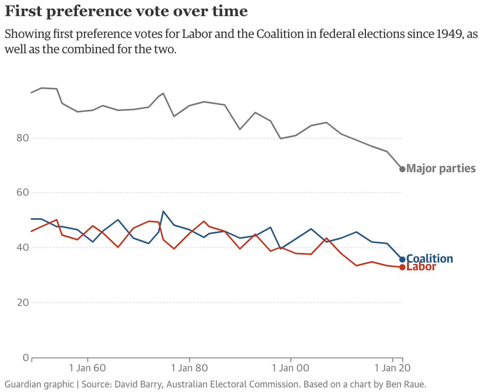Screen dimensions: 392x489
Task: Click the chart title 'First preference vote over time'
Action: coord(126,11)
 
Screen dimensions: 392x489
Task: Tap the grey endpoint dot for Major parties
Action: coord(402,169)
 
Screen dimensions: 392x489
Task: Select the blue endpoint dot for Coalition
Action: coord(402,259)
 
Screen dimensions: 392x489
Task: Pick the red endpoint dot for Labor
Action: coord(402,267)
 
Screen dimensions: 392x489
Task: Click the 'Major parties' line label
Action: coord(441,169)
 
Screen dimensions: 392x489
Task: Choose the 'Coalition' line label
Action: coord(430,259)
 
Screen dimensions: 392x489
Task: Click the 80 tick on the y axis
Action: coord(22,138)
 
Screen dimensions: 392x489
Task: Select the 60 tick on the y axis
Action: coord(22,193)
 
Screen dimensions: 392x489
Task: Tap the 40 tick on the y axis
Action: coord(22,247)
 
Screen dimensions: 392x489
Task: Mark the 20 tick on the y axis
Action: coord(22,302)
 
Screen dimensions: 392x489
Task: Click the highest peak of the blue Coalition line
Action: coord(163,211)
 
